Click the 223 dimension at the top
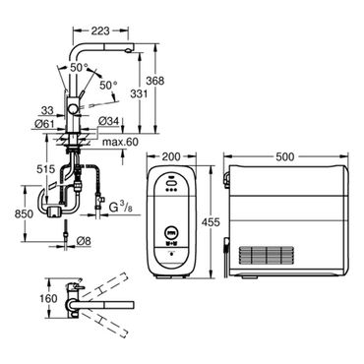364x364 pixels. coord(100,30)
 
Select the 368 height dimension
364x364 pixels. coord(154,81)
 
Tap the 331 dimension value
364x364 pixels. coord(139,93)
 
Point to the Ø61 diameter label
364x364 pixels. coord(44,124)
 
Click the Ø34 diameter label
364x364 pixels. coord(107,121)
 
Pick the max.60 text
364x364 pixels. coord(120,143)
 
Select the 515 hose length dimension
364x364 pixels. coord(45,169)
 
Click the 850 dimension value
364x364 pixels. coord(24,213)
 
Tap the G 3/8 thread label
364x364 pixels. coord(121,208)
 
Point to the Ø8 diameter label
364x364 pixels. coord(84,241)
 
